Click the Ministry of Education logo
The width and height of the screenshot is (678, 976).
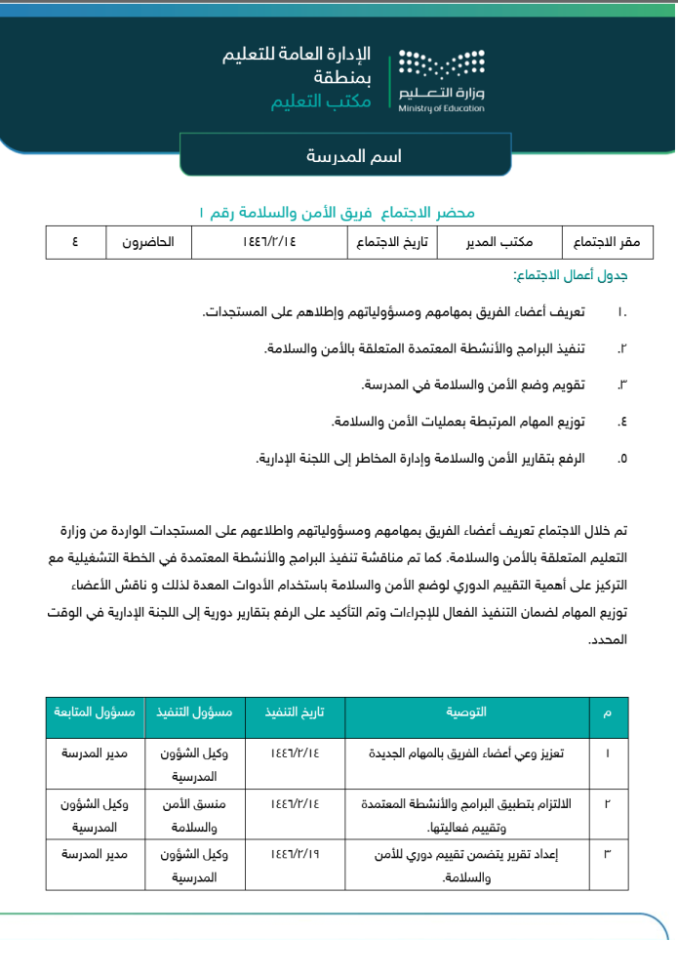click(x=441, y=81)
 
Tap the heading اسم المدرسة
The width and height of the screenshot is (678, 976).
click(x=354, y=156)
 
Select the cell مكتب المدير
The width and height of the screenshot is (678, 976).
click(x=500, y=242)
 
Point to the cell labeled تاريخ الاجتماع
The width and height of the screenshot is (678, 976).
click(x=392, y=242)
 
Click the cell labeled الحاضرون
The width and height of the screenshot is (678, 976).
click(x=147, y=242)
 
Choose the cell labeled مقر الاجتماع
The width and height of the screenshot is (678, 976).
click(x=595, y=242)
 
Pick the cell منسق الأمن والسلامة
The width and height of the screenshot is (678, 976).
click(x=193, y=814)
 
